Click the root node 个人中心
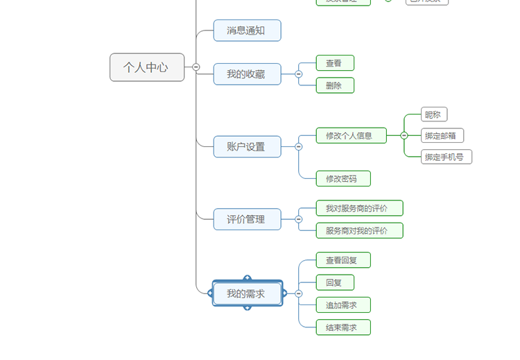147,67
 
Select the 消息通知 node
247,31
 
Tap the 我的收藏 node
247,74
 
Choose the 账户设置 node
247,146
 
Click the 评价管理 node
247,219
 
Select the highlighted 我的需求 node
247,293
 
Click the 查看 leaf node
335,63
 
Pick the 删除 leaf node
335,85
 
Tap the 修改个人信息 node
351,135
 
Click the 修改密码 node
343,178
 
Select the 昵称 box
434,114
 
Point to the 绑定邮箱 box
442,135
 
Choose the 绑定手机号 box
447,157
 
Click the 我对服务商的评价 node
359,208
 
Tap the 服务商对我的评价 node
359,230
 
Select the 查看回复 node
343,260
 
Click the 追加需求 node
343,305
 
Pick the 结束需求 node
343,327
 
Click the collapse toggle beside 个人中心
196,67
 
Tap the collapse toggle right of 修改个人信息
404,135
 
